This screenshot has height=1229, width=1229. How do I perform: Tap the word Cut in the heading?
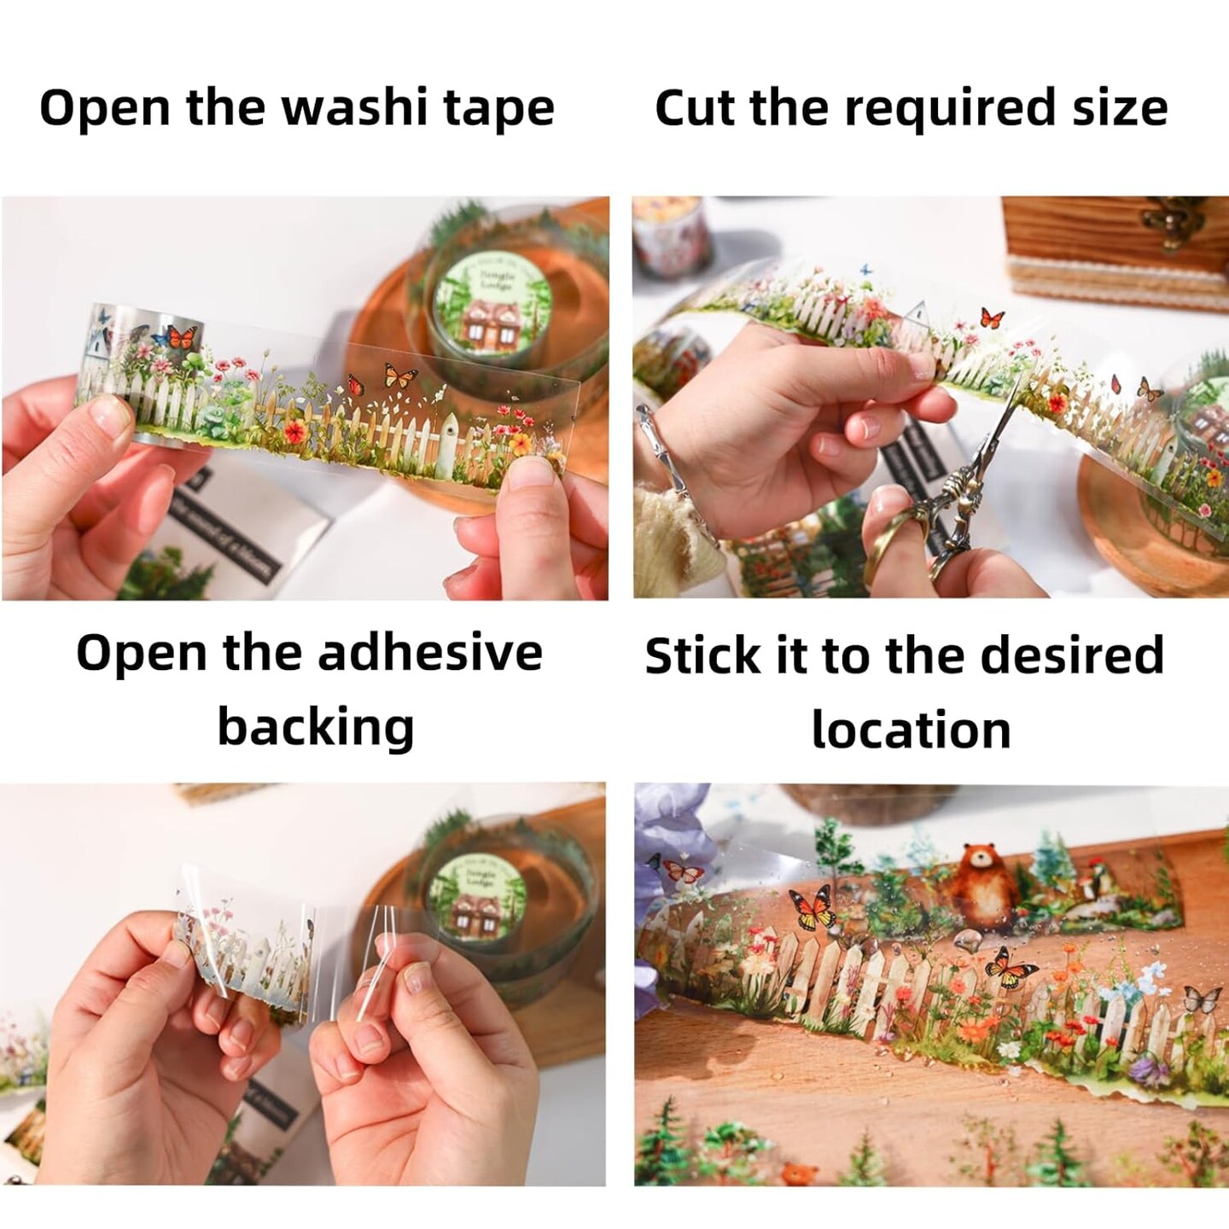690,108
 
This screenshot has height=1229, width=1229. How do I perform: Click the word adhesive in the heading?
429,653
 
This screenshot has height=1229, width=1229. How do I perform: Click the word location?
911,731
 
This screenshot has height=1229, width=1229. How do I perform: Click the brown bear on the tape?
984,884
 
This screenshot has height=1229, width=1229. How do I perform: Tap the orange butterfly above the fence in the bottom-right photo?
812,908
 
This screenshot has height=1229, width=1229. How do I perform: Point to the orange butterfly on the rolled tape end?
182,336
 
